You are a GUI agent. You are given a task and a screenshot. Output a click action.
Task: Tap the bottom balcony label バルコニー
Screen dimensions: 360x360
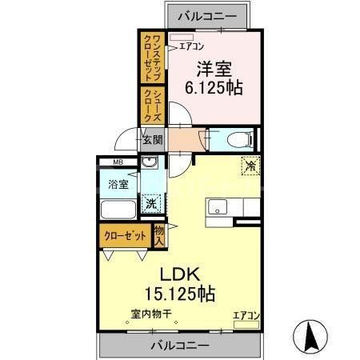click(179, 346)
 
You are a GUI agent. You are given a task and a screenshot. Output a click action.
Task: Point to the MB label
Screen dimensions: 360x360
click(118, 164)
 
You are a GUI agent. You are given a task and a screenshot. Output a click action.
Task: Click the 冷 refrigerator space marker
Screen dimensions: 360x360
click(250, 166)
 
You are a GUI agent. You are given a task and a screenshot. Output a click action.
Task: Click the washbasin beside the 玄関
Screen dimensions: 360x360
click(148, 164)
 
